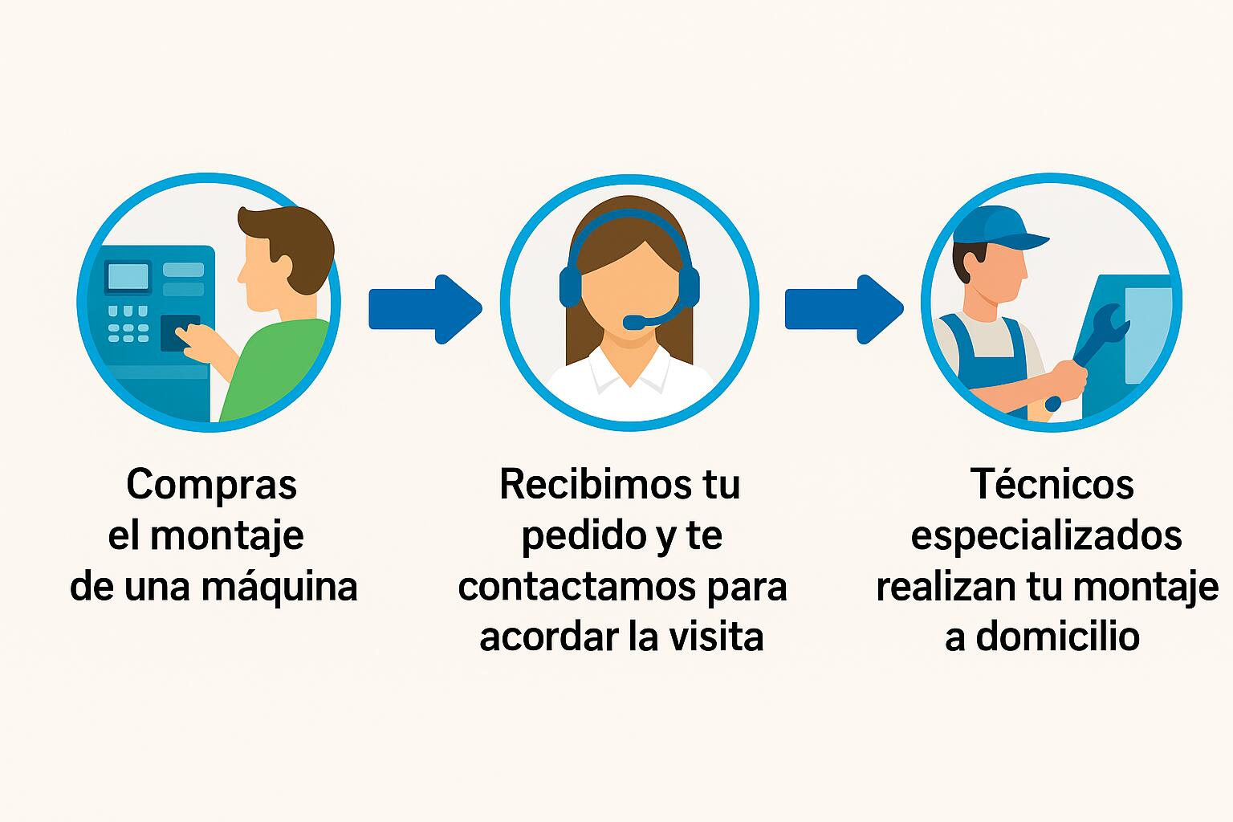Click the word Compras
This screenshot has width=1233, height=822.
coord(211,485)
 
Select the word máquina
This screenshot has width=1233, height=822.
coord(279,587)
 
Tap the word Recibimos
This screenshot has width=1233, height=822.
coord(596,485)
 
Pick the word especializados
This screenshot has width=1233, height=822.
coord(1047,536)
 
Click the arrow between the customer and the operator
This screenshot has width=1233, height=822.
coord(425,309)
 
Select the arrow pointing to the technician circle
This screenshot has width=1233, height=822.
coord(844,309)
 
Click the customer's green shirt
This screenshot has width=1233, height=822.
coord(275,370)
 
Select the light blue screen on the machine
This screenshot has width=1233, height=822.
coord(128,276)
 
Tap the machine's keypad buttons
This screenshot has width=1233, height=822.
coord(128,324)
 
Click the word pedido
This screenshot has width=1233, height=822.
coord(583,537)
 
